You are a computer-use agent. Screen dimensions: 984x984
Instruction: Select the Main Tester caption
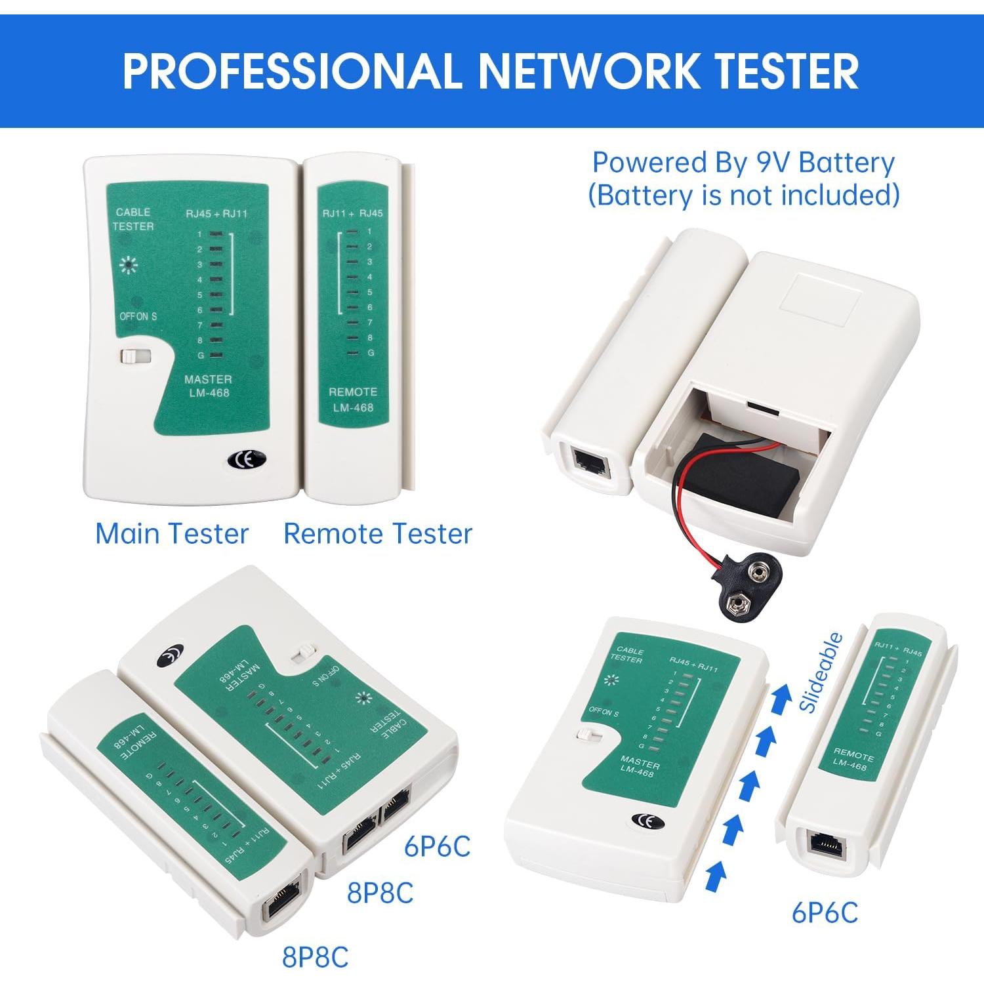click(172, 533)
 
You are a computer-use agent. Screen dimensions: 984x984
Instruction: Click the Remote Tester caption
click(378, 533)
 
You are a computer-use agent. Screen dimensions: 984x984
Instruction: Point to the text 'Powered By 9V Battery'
click(743, 163)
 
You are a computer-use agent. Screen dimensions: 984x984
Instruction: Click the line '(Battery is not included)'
click(743, 195)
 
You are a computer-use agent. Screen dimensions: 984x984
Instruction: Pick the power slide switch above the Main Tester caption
click(136, 356)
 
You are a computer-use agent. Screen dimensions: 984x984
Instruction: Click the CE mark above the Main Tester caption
click(247, 460)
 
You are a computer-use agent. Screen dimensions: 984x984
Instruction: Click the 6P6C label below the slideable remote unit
click(825, 912)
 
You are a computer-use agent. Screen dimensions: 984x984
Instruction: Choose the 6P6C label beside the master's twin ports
click(437, 846)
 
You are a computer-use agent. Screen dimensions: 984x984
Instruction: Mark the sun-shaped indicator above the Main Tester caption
click(129, 266)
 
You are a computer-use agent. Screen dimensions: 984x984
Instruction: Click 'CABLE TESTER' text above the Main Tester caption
click(133, 219)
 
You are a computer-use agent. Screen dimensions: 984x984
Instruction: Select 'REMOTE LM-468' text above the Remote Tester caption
click(353, 400)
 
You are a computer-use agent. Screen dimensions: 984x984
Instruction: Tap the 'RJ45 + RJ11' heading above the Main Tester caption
click(216, 213)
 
